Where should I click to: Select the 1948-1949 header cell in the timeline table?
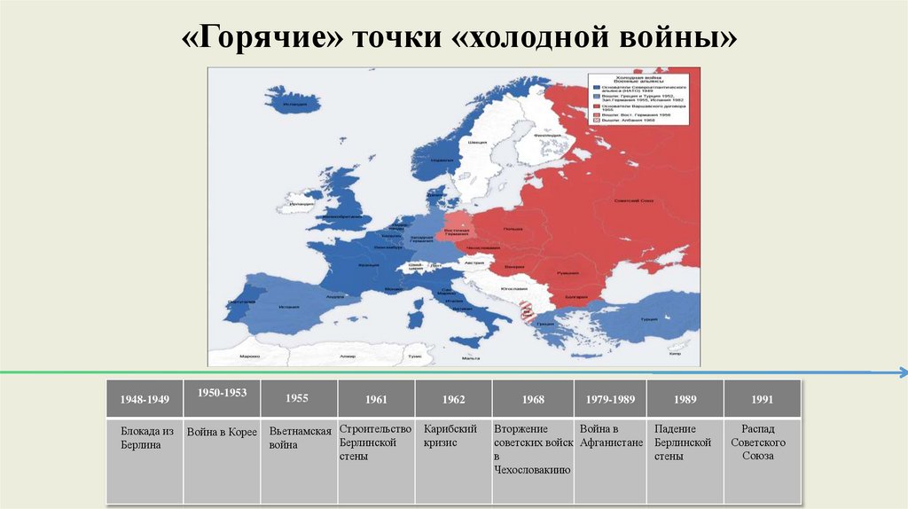point(145,400)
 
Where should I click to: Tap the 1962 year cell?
point(453,400)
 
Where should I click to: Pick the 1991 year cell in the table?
point(762,400)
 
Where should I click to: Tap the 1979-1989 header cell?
point(610,399)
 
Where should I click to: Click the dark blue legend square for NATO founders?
point(594,88)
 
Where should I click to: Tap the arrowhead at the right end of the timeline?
point(902,372)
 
